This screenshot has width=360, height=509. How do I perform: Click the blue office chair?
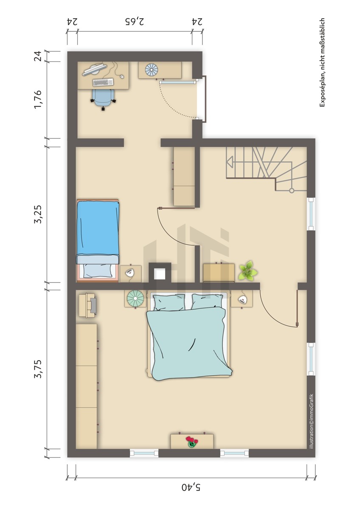103,98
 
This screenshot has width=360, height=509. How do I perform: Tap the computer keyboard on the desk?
103,82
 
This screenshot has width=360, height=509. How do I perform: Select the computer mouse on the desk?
122,76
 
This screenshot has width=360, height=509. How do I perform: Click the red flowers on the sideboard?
192,442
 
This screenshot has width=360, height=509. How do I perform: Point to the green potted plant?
247,271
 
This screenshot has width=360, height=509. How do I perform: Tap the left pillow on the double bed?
169,302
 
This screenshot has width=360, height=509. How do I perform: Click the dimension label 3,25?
38,214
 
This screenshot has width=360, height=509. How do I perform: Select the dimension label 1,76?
38,100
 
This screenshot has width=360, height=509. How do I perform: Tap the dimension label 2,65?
135,22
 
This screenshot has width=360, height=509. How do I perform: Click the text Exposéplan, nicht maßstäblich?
322,63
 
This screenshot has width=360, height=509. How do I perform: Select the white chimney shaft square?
160,274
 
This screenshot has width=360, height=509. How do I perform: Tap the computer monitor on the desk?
95,69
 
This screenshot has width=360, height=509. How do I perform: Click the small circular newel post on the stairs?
291,190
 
